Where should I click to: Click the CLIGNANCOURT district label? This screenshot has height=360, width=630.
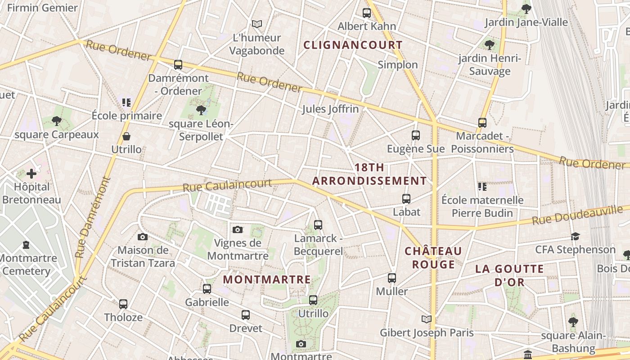tap(353, 45)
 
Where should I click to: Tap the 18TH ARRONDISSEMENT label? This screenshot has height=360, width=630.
tap(369, 174)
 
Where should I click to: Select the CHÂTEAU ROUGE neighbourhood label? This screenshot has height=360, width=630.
tap(433, 257)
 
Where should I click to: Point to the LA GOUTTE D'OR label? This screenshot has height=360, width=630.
tap(509, 275)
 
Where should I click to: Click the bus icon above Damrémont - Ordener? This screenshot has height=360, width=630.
tap(178, 65)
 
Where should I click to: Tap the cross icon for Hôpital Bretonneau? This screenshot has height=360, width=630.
tap(31, 173)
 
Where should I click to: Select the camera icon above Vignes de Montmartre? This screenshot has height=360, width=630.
tap(238, 229)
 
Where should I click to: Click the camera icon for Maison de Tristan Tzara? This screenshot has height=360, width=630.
tap(143, 237)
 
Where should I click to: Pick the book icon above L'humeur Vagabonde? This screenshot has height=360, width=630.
tap(257, 24)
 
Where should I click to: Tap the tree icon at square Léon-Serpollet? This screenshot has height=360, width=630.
tap(201, 110)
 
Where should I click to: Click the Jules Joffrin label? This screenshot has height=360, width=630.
tap(330, 109)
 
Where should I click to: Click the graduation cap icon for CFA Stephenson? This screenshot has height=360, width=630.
tap(575, 236)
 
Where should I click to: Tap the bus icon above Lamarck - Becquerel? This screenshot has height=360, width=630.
tap(318, 225)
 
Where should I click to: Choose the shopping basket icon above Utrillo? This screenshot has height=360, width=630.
tap(126, 136)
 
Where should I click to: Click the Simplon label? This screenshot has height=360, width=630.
tap(398, 65)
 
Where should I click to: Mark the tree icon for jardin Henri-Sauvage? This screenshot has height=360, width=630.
tap(489, 45)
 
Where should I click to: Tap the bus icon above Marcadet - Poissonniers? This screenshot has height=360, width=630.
tap(482, 123)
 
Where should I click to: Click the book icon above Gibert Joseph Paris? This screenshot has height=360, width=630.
tap(427, 319)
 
